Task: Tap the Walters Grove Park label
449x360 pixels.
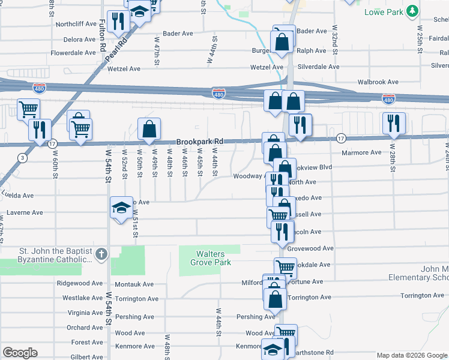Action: tap(211, 258)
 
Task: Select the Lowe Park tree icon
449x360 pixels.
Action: tap(412, 11)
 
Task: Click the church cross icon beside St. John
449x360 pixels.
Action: tap(101, 254)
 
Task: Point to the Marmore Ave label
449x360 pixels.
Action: tap(361, 152)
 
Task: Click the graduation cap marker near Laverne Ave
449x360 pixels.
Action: tap(121, 208)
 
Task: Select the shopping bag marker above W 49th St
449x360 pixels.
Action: tap(149, 128)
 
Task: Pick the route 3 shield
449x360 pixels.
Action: tap(22, 158)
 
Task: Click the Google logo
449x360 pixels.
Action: tap(20, 353)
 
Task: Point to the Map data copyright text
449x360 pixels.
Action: tap(412, 355)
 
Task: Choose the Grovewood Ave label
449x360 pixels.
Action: tap(310, 248)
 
